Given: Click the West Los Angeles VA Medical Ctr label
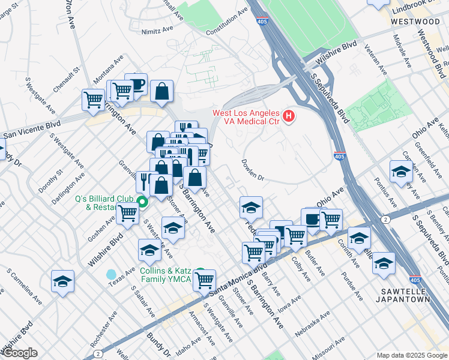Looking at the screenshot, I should [x=246, y=118].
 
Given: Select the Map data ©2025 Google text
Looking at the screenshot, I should [x=411, y=355].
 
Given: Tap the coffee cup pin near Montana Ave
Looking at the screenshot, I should [x=135, y=85].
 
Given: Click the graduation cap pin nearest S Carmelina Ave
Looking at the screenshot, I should [x=62, y=281].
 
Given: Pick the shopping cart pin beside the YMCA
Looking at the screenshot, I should [x=205, y=279].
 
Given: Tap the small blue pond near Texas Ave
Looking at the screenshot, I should [x=112, y=274].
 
